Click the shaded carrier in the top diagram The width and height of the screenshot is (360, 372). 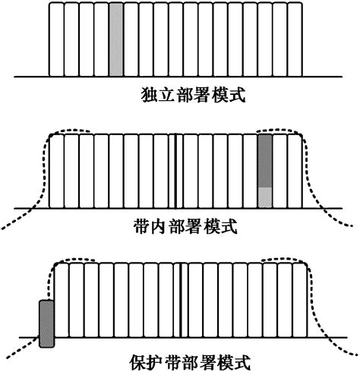(115, 39)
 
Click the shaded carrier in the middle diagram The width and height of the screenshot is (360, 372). (264, 171)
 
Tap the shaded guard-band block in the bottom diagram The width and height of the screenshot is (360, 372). (47, 323)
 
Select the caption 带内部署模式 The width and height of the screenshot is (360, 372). (180, 225)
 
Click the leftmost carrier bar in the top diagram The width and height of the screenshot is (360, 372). (55, 39)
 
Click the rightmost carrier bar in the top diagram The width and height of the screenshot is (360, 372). (294, 39)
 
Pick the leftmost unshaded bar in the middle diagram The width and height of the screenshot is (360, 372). (55, 171)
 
